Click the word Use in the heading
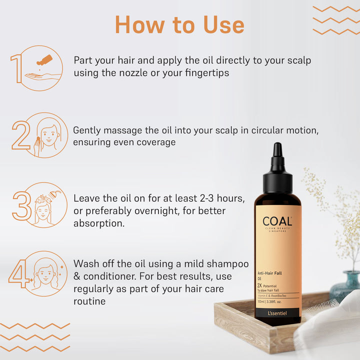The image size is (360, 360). coord(223,25)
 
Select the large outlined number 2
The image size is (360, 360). coord(21,135)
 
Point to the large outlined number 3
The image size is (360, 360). coord(22,205)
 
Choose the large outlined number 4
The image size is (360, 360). coord(19,273)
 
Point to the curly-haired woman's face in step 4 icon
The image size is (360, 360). coord(45,274)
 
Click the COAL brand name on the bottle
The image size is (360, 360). coord(277,221)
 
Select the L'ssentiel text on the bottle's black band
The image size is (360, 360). coord(277,313)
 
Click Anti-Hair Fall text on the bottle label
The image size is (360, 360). coord(269,273)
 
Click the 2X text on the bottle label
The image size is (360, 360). coord(259,285)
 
